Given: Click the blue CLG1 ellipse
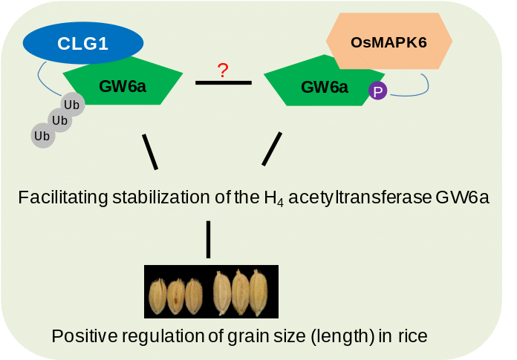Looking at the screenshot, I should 82,43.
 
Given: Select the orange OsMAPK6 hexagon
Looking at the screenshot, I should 388,42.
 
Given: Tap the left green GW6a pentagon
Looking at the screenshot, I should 123,85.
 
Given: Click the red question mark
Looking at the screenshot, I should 223,71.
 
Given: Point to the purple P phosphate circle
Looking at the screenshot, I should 378,91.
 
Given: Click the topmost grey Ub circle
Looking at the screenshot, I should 72,105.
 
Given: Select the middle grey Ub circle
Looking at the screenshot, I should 59,120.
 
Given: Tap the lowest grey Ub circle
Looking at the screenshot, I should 42,136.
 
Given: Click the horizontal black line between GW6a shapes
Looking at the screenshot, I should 223,82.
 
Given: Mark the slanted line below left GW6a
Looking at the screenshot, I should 150,151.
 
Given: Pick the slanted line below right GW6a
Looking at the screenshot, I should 272,148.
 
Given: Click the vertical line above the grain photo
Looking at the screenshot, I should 208,239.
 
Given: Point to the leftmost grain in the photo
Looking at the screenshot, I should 157,295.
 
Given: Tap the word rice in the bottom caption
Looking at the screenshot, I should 412,336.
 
